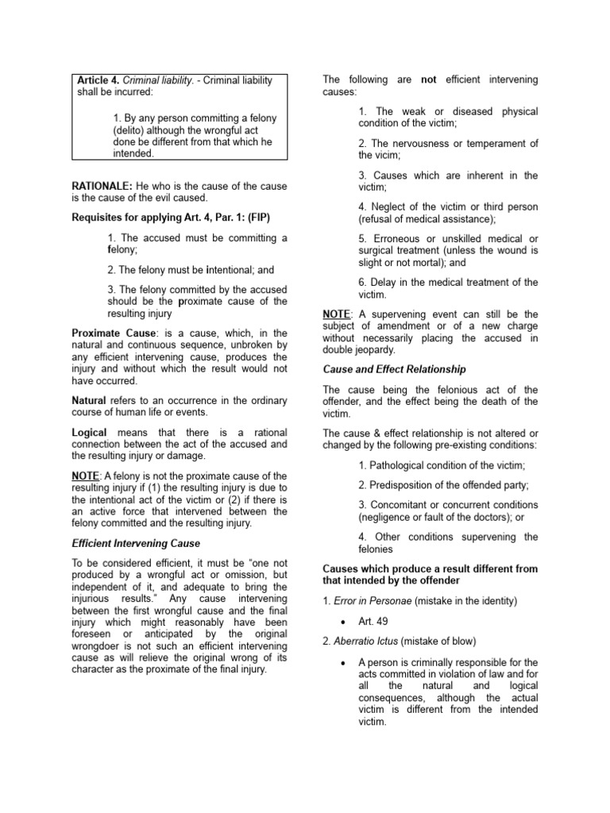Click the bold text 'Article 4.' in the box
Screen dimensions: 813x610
click(98, 80)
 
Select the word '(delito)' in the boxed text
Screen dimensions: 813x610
click(131, 129)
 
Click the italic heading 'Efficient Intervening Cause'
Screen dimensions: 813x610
click(136, 543)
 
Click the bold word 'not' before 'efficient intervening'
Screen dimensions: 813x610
click(429, 79)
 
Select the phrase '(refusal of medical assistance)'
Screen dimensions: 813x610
click(427, 219)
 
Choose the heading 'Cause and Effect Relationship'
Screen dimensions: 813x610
click(394, 369)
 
